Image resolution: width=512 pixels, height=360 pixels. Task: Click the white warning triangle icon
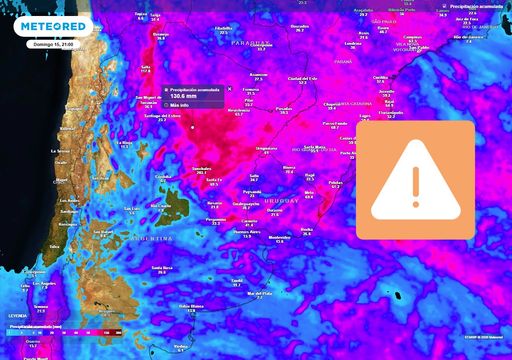tap(415, 180)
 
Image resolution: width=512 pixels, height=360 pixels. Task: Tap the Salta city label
tap(146, 67)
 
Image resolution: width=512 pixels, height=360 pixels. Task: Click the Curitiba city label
tap(380, 77)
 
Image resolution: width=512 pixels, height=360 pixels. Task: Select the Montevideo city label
tap(279, 236)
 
